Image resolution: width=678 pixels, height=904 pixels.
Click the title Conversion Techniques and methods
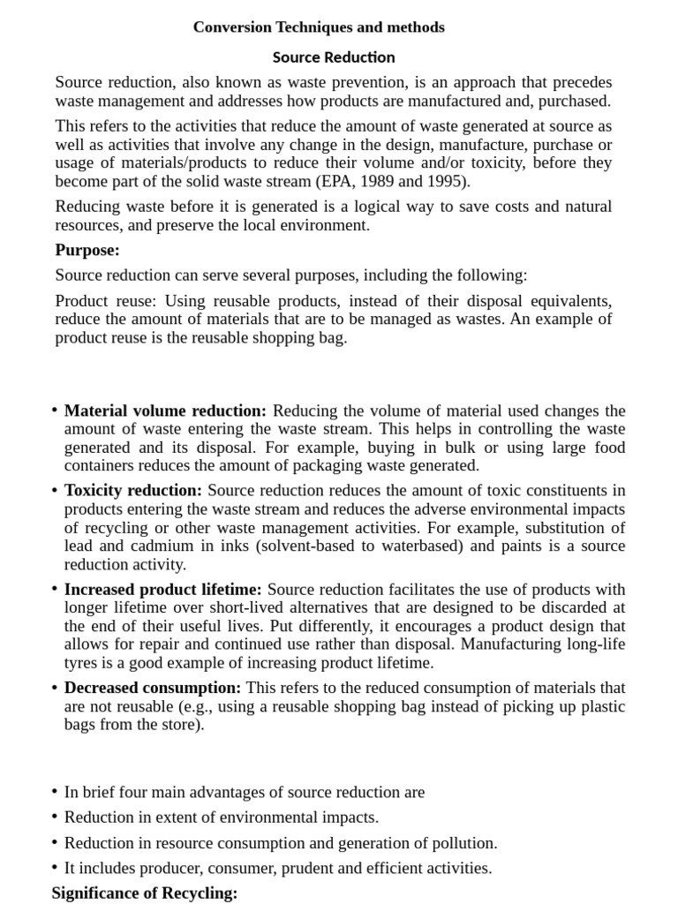pyautogui.click(x=319, y=27)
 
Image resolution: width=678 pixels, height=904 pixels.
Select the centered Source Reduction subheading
pyautogui.click(x=334, y=57)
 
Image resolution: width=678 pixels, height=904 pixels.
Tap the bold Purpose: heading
pyautogui.click(x=87, y=250)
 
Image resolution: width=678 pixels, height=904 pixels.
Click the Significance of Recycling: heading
pyautogui.click(x=145, y=893)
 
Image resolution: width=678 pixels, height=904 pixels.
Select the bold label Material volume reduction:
pyautogui.click(x=165, y=411)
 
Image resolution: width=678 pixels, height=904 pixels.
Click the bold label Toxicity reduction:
pyautogui.click(x=133, y=490)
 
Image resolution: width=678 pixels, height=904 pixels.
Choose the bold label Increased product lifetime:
pyautogui.click(x=163, y=589)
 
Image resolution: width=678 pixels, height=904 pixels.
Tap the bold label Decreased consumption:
pyautogui.click(x=153, y=687)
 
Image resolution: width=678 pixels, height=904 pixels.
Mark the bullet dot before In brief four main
pyautogui.click(x=55, y=792)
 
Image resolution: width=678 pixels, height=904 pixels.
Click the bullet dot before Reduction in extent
pyautogui.click(x=55, y=817)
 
